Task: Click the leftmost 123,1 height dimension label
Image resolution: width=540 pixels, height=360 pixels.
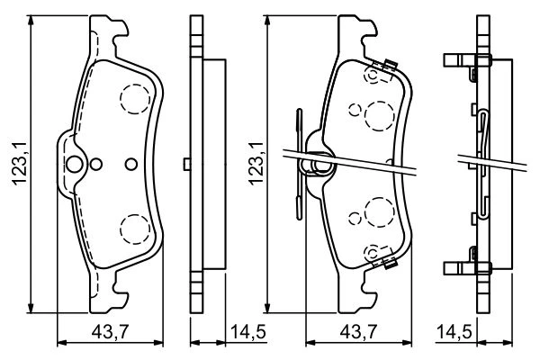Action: tap(19, 163)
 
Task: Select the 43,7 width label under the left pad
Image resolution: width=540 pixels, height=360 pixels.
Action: tap(110, 332)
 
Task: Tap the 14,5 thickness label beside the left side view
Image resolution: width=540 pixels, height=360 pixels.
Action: tap(248, 332)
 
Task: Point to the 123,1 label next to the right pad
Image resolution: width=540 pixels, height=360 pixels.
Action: tap(256, 163)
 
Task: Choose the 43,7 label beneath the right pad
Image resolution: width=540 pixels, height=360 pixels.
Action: tap(358, 332)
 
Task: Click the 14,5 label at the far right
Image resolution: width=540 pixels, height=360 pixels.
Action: tap(454, 332)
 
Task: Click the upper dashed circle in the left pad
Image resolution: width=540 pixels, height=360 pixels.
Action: tap(135, 99)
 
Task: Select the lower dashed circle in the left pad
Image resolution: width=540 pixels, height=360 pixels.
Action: tap(135, 229)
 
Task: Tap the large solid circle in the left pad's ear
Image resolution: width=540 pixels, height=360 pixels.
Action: tap(75, 165)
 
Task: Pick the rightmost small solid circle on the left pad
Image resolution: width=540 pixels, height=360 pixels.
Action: tap(131, 165)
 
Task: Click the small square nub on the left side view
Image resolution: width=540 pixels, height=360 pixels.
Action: tap(187, 164)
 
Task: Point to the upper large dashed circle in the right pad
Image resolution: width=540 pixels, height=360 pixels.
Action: tap(379, 116)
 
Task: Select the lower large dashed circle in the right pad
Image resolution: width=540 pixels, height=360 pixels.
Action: tap(379, 212)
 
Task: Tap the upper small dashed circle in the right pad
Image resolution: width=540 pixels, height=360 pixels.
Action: tap(355, 110)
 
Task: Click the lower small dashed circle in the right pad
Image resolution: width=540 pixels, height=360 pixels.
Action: tap(355, 218)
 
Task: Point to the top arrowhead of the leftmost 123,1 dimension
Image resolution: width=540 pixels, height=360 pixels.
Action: tap(31, 20)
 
